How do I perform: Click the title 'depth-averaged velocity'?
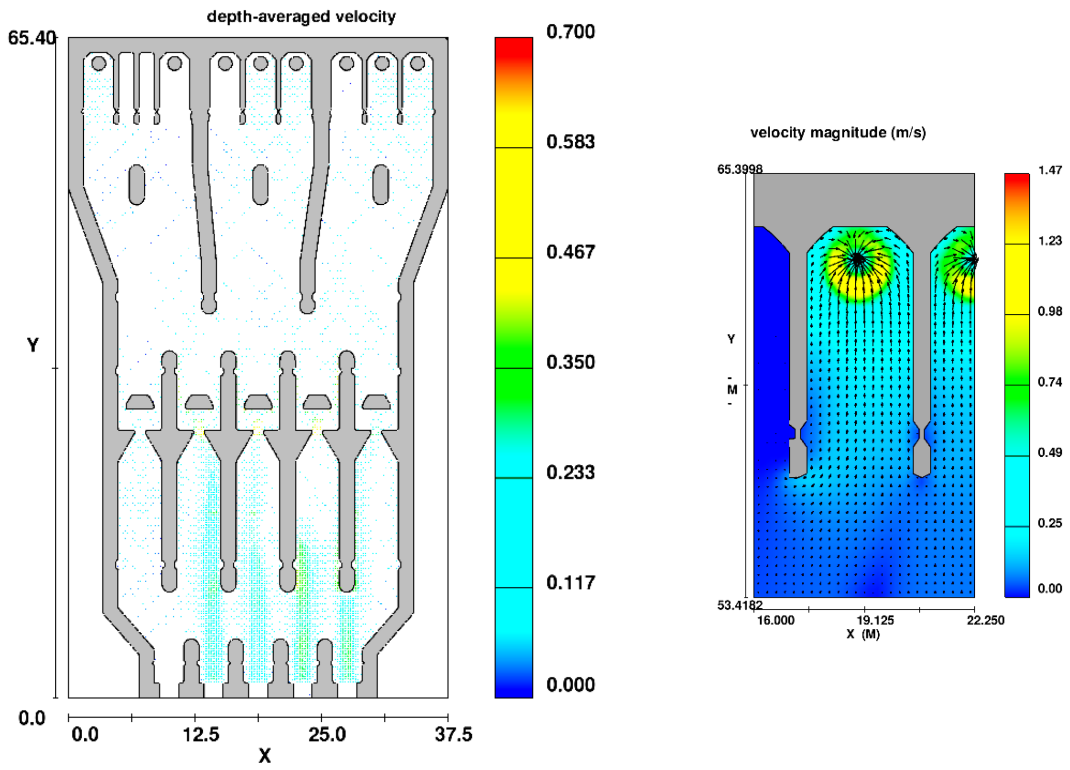click(x=301, y=17)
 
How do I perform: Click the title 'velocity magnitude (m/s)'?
click(x=838, y=132)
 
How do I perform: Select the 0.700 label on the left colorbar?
click(x=570, y=32)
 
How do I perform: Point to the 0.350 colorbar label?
click(x=570, y=362)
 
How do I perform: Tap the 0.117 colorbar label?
click(x=570, y=583)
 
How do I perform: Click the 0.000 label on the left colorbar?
click(x=570, y=684)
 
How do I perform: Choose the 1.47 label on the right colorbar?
click(x=1050, y=170)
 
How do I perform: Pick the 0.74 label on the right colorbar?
click(x=1050, y=381)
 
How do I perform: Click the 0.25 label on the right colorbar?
click(x=1050, y=522)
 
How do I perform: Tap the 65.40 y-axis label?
click(x=32, y=38)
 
